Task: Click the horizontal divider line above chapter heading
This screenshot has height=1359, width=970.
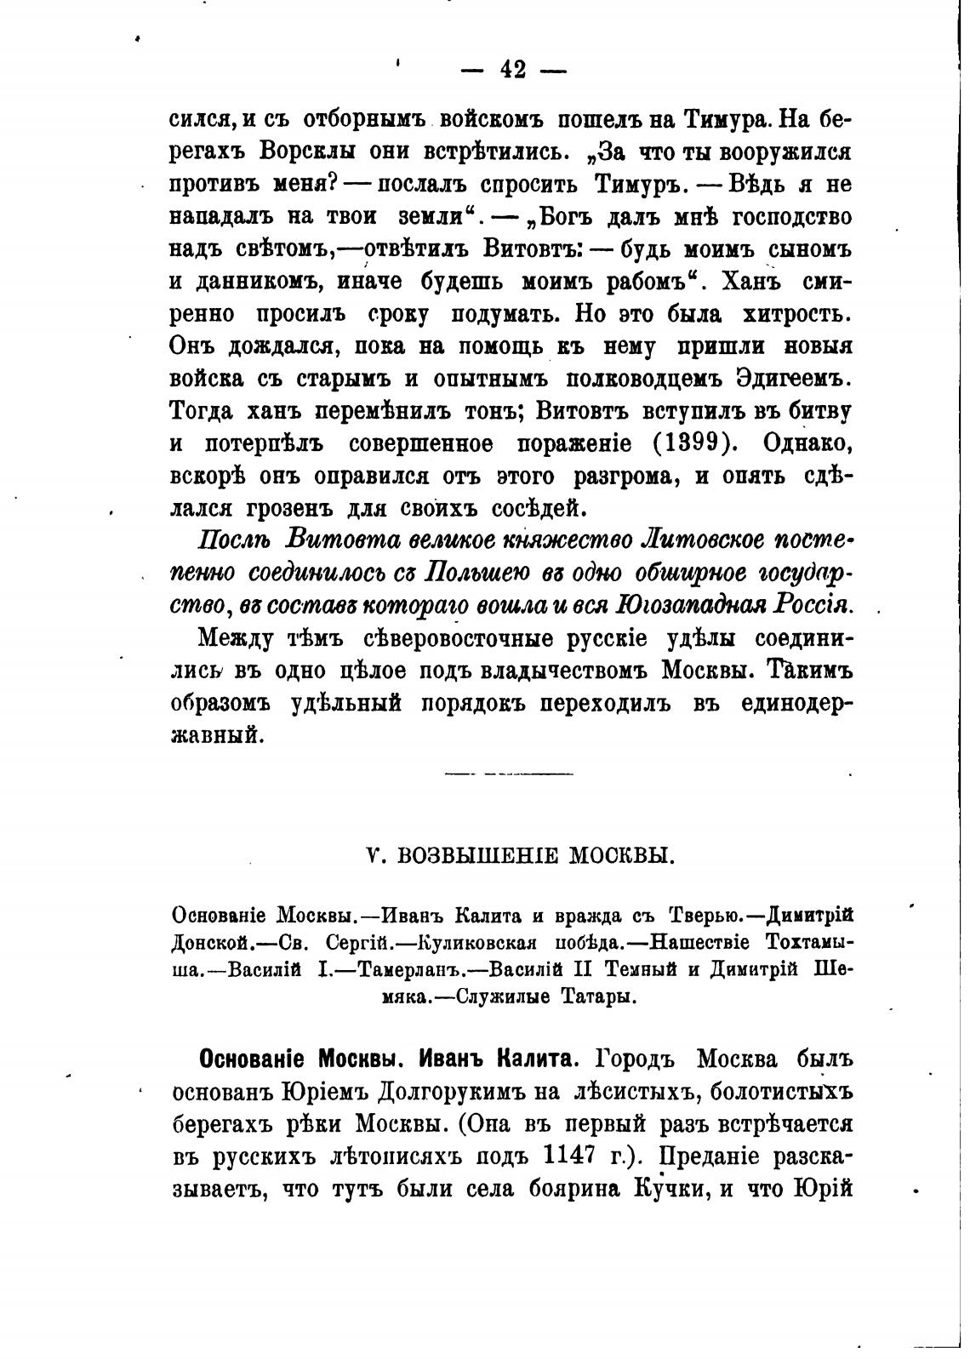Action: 509,774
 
